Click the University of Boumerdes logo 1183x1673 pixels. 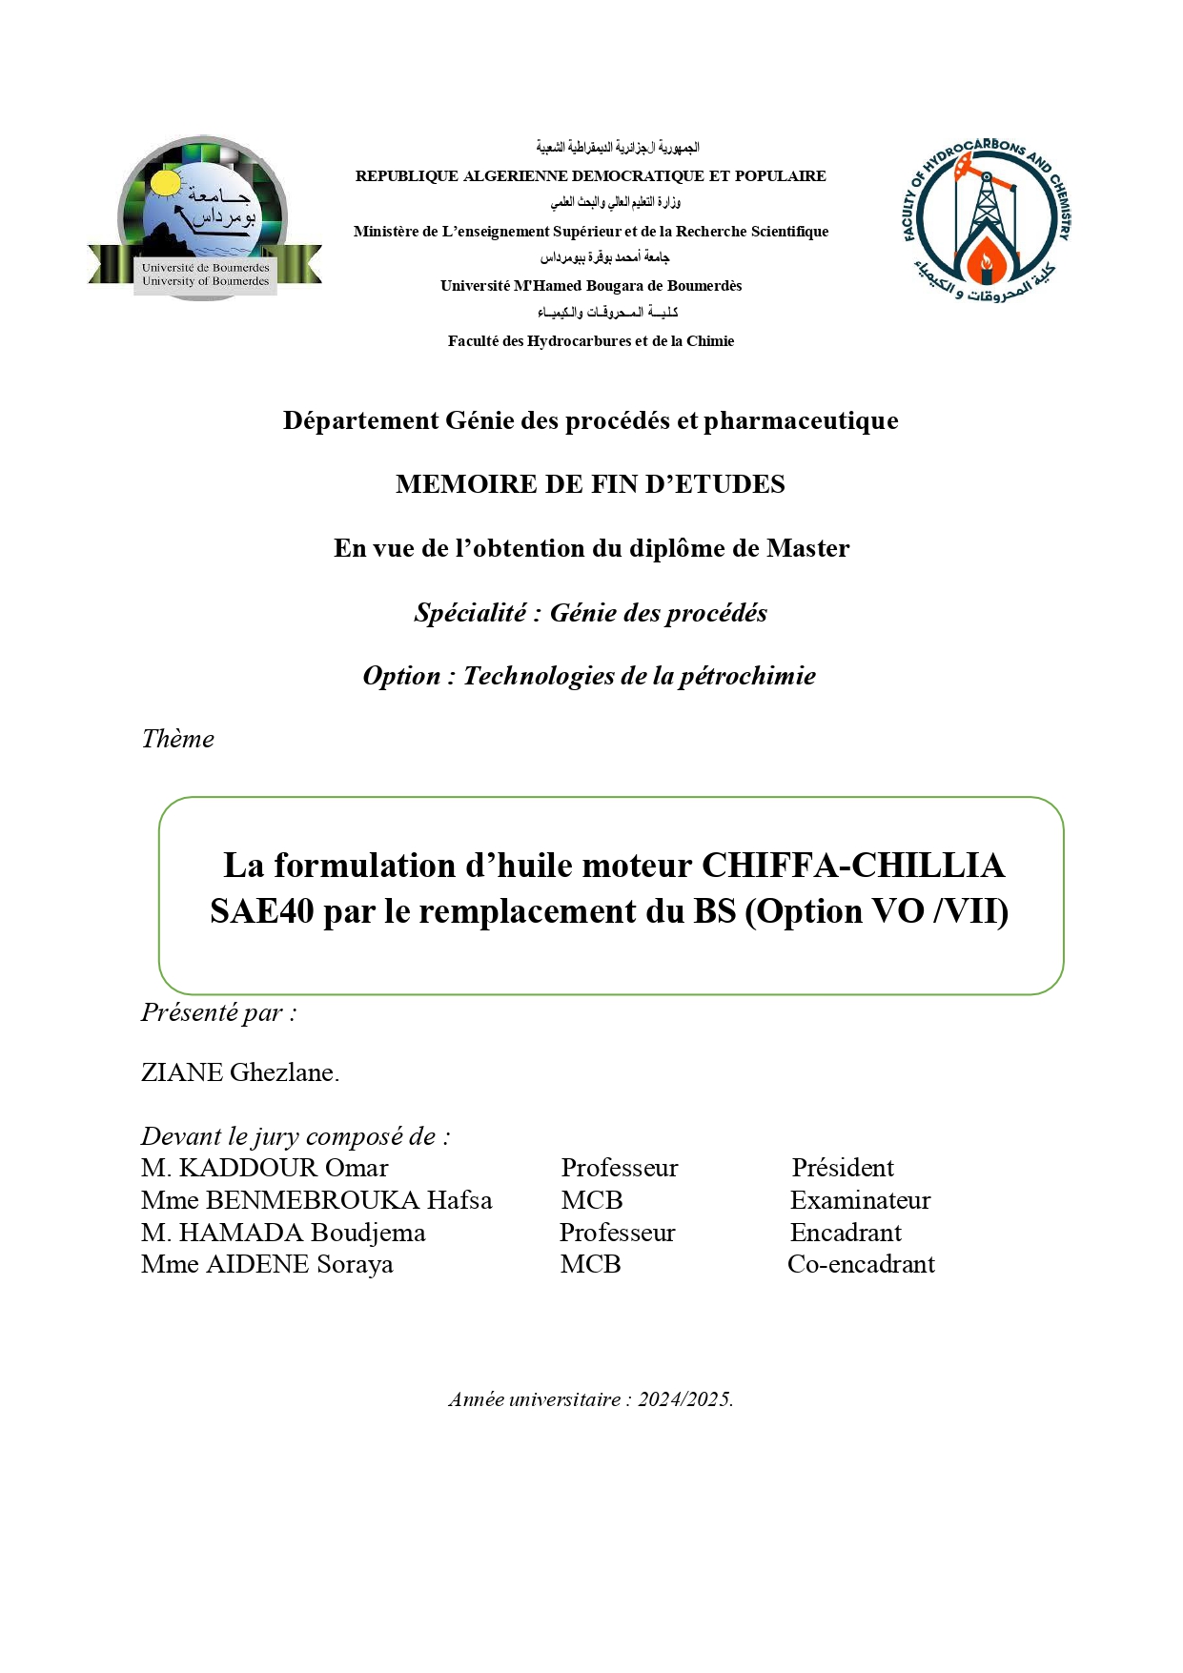(x=204, y=218)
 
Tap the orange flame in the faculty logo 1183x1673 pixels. (x=987, y=257)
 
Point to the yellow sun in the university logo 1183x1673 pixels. (x=165, y=182)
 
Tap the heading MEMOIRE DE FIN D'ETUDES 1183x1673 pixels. (x=590, y=484)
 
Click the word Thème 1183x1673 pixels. (x=178, y=739)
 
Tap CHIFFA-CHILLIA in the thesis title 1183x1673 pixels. (x=852, y=866)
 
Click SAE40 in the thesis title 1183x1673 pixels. (x=261, y=911)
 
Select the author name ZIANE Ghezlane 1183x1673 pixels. (x=239, y=1072)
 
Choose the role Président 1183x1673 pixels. (x=843, y=1168)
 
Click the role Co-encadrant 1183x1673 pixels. (x=861, y=1264)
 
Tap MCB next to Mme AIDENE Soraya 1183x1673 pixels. (x=591, y=1264)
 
